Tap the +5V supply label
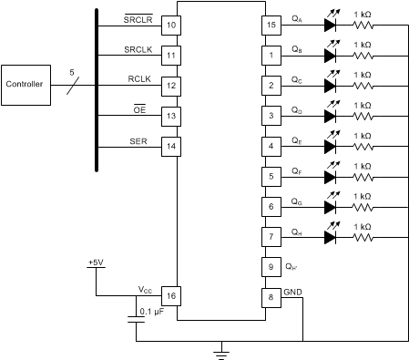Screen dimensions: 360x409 tap(96, 262)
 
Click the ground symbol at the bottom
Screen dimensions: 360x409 tap(220, 348)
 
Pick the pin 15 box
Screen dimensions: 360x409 tap(271, 25)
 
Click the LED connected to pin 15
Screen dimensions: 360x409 tap(331, 25)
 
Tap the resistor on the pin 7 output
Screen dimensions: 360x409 tap(363, 236)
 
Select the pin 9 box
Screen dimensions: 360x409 tap(271, 266)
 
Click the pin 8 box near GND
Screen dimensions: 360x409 tap(271, 296)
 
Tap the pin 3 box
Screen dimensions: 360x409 tap(271, 116)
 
